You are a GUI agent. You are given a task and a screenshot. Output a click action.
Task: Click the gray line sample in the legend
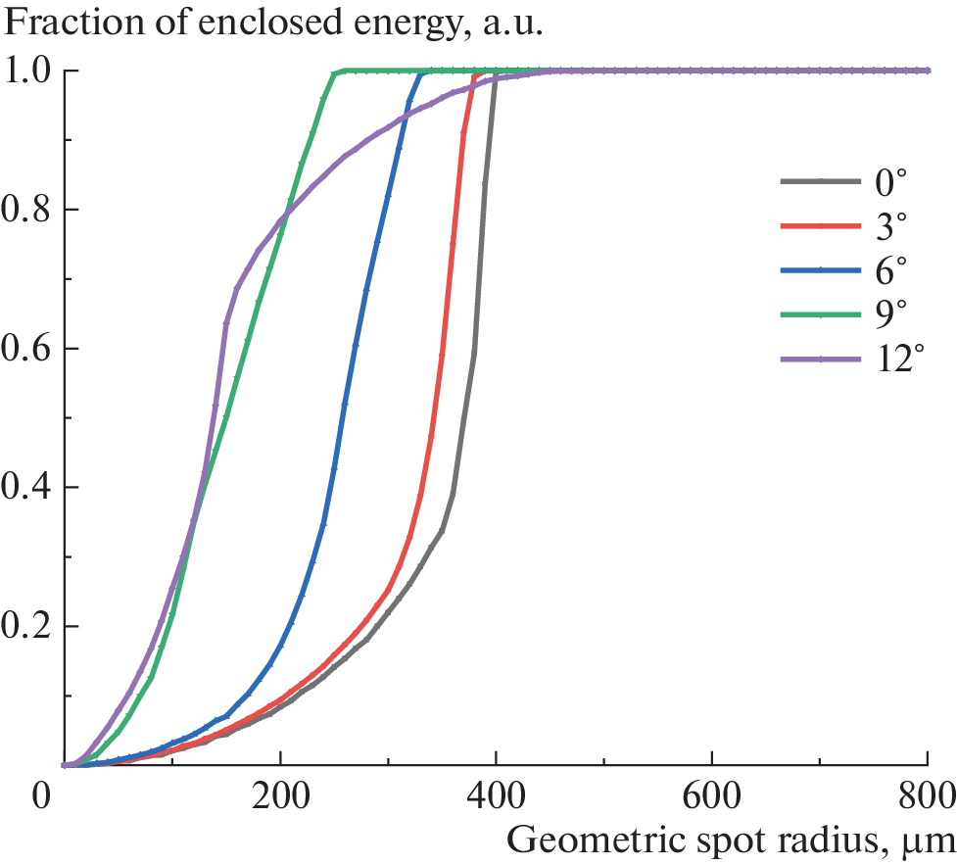pos(814,181)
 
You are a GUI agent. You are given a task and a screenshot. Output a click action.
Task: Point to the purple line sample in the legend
pos(814,360)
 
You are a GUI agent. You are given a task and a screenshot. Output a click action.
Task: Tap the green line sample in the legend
pos(814,315)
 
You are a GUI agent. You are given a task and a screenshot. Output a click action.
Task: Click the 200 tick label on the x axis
pos(280,794)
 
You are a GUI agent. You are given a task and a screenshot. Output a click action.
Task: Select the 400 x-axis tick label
pos(496,794)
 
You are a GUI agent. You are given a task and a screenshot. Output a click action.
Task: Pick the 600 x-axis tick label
pos(712,794)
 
